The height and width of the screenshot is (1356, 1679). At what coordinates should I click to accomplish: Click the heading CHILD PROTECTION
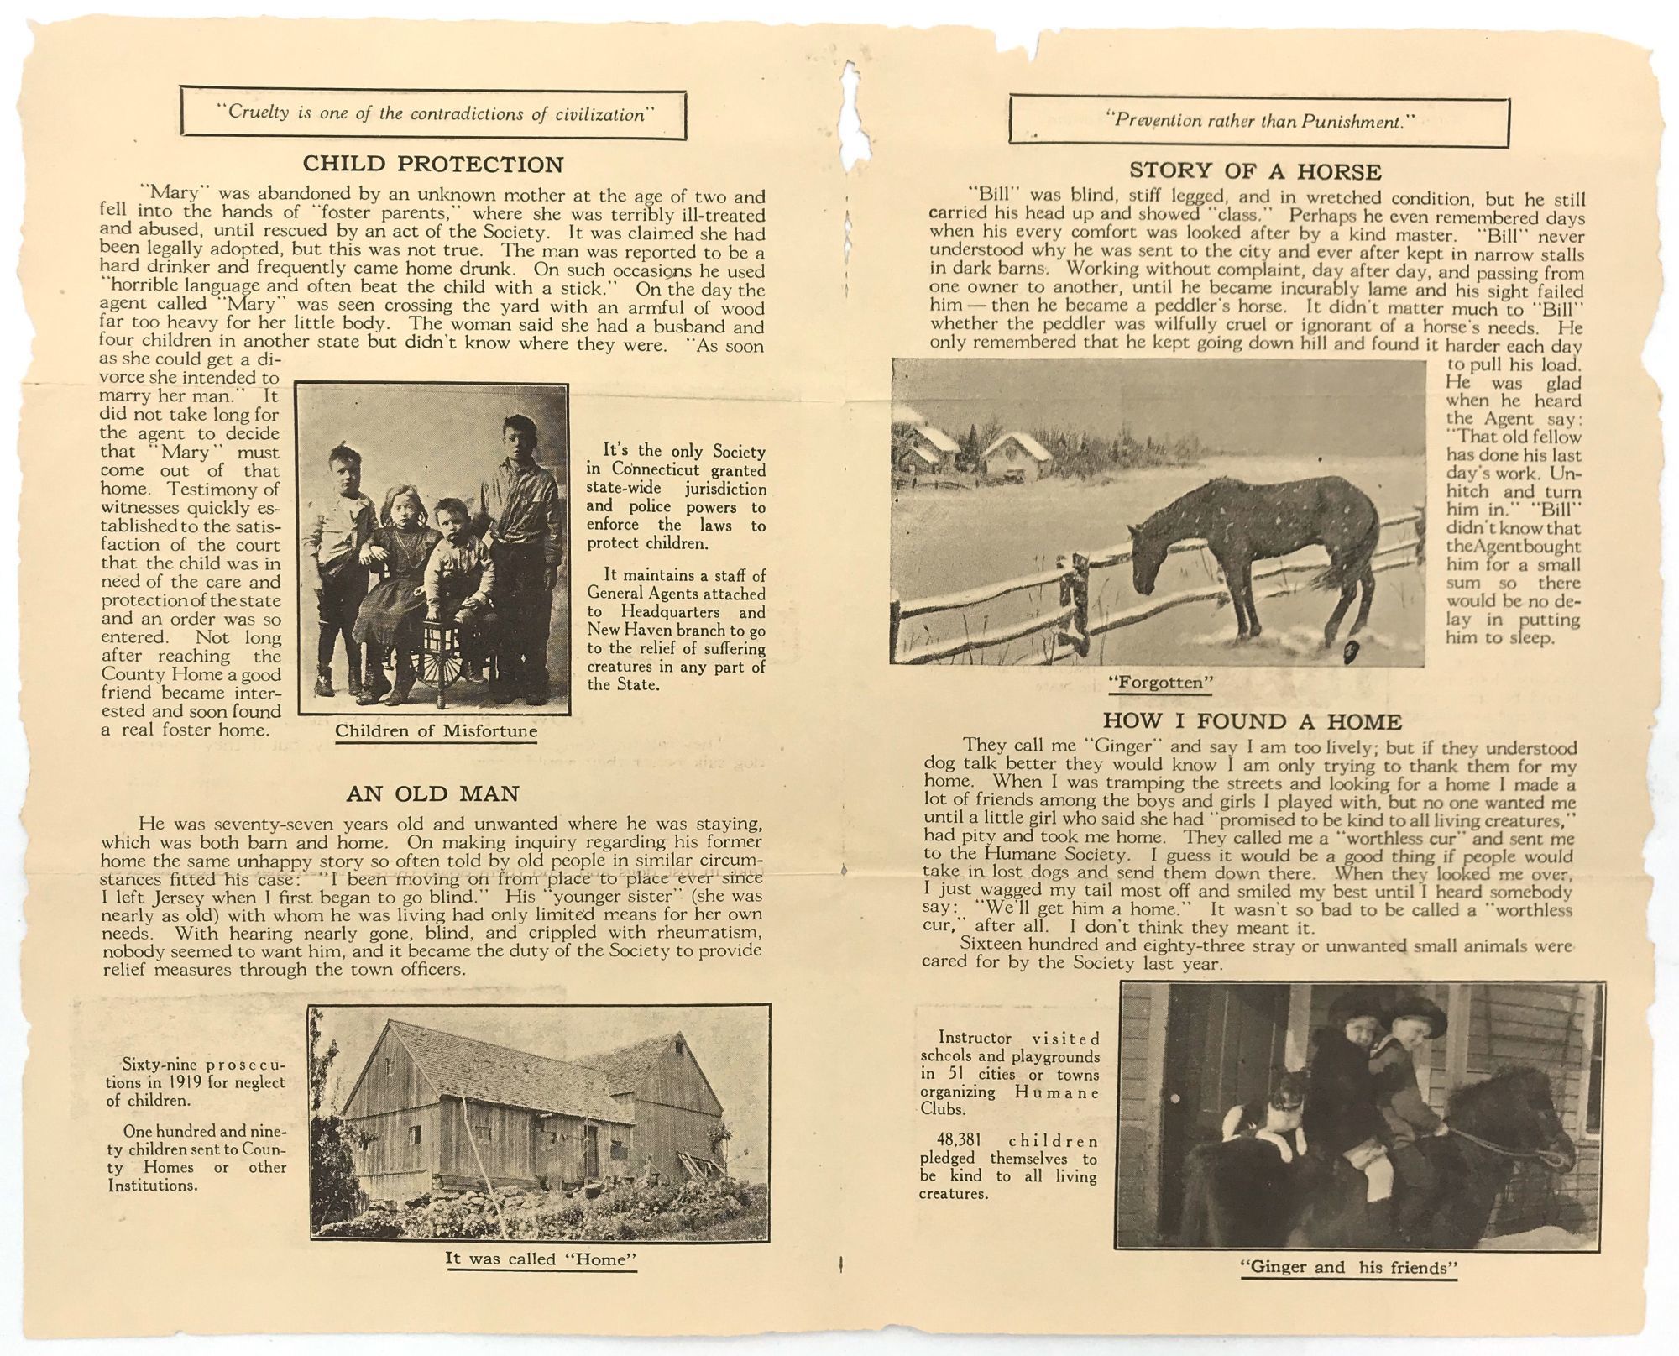click(432, 164)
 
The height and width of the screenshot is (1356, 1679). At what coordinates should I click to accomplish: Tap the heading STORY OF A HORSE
click(1254, 171)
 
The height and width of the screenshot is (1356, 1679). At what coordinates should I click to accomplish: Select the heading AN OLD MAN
click(432, 793)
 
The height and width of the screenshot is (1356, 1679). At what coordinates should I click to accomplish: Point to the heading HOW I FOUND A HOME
click(1252, 721)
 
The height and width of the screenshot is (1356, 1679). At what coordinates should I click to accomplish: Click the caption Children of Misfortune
click(436, 731)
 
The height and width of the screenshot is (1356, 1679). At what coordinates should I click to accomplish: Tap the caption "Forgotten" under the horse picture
click(1161, 683)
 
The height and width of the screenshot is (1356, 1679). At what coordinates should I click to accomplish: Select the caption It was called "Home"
click(541, 1259)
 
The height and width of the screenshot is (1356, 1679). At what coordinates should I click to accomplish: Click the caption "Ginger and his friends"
click(1348, 1268)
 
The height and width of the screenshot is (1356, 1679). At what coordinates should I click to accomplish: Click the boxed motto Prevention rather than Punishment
click(1258, 122)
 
